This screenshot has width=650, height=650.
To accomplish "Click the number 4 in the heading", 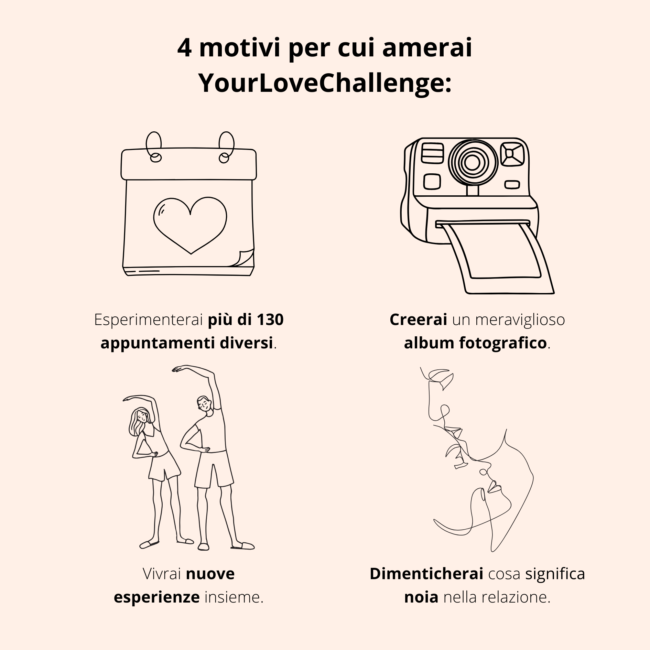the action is (x=184, y=48).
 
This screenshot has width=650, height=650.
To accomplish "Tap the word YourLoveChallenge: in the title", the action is (x=325, y=84).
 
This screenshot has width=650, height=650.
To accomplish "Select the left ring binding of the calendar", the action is (x=154, y=147).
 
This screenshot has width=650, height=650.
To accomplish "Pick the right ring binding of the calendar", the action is (x=226, y=147).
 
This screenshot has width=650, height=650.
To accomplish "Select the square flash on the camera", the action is (x=512, y=154).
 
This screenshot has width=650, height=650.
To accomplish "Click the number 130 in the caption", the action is (x=270, y=319).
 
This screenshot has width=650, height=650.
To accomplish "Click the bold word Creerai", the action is (x=418, y=319).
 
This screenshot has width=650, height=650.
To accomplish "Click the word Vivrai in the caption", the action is (x=162, y=574).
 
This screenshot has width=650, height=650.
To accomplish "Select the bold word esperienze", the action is (x=156, y=598).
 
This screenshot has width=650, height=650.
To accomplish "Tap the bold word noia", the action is (x=421, y=597).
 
